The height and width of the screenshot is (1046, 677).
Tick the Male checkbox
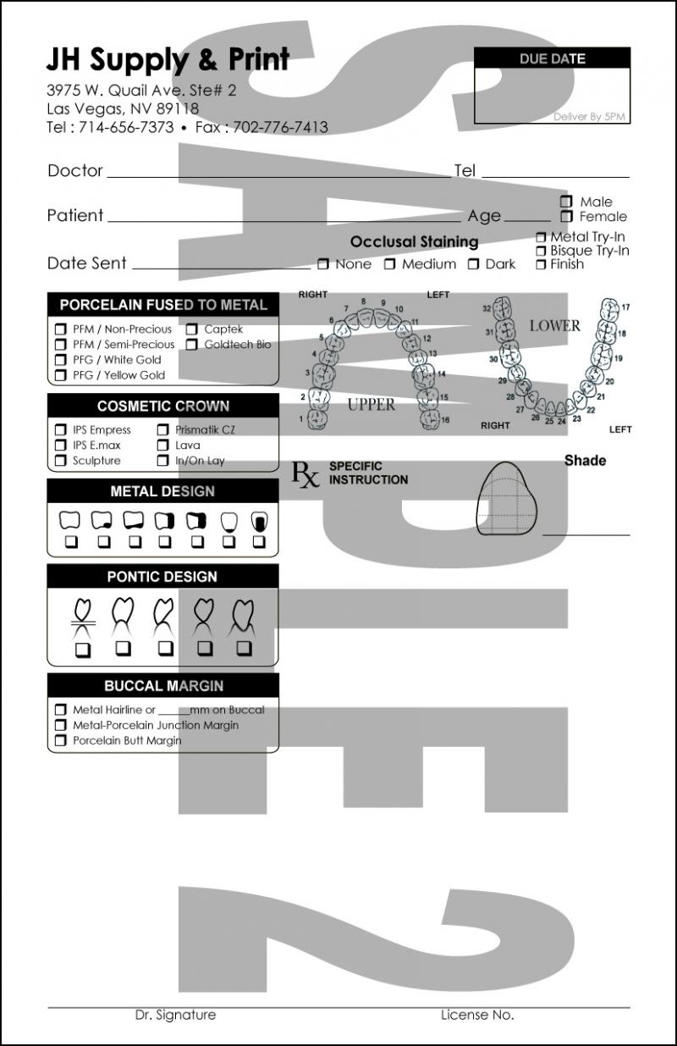(566, 202)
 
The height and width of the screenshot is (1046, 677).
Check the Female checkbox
(566, 217)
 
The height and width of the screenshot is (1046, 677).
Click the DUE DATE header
(552, 58)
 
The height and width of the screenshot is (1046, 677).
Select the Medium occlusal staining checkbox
(390, 264)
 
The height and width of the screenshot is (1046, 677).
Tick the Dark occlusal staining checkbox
(474, 264)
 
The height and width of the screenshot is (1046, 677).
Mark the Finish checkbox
(541, 264)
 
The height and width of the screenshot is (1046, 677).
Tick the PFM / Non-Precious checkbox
(61, 329)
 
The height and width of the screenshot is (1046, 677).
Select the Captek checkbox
(192, 329)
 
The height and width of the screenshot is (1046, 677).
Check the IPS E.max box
(61, 446)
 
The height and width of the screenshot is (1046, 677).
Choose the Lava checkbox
(162, 446)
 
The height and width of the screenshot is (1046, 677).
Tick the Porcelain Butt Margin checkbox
(61, 741)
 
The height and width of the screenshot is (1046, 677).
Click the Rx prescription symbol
(305, 474)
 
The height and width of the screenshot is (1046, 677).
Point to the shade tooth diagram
(508, 500)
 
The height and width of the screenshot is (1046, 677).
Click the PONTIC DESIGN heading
(162, 577)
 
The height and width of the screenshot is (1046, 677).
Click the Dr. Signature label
(175, 1015)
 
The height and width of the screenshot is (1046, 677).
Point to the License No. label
(476, 1015)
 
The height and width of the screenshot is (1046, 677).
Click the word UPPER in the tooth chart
(371, 405)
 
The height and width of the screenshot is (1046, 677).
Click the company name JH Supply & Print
(168, 59)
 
